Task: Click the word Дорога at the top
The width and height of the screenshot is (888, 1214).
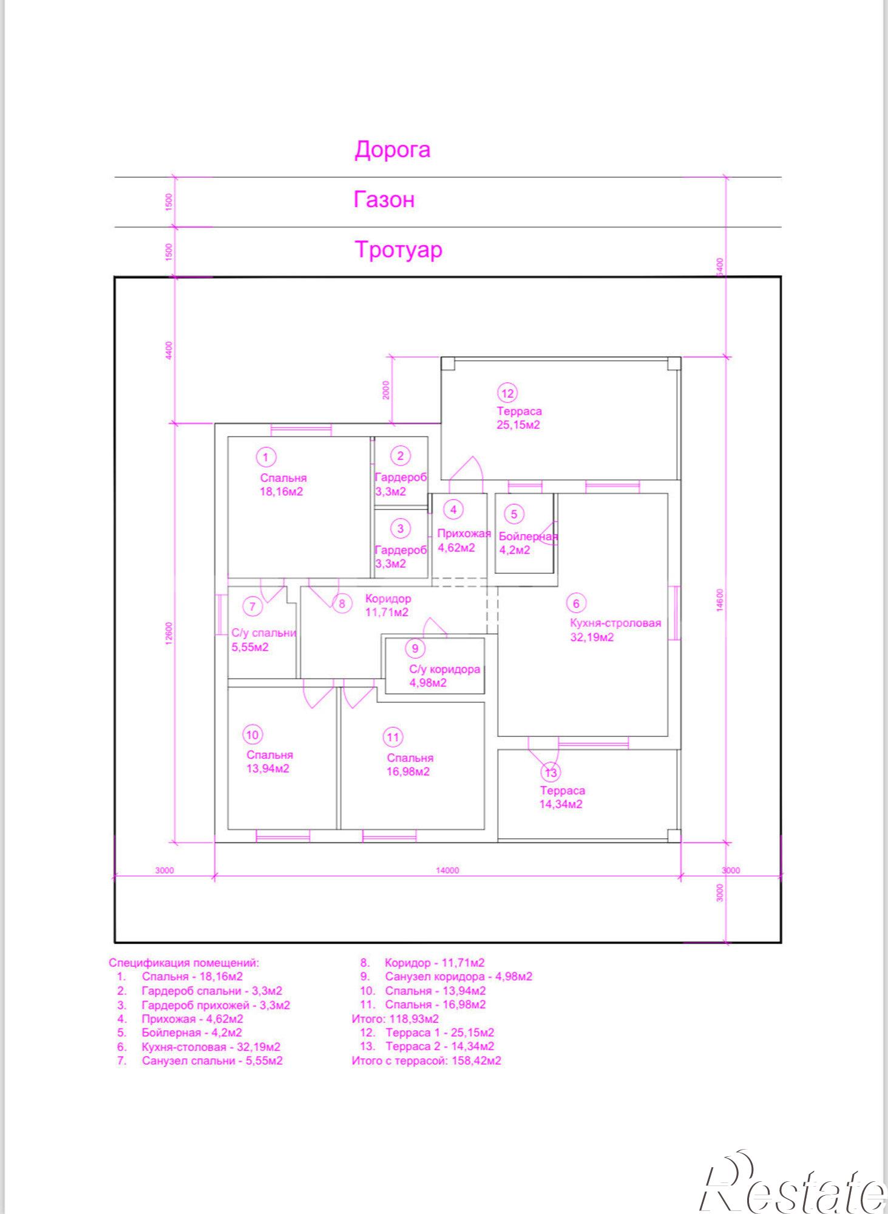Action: click(392, 150)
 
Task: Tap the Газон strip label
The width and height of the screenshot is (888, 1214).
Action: click(384, 200)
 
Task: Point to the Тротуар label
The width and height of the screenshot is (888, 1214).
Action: click(398, 249)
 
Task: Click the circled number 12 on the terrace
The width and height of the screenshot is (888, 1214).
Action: click(507, 393)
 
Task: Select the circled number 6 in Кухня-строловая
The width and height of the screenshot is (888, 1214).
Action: click(576, 603)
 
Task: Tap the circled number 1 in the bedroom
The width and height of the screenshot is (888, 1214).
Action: click(265, 457)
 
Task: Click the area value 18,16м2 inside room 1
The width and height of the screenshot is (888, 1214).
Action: click(281, 492)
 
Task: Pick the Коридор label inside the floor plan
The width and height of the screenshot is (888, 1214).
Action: click(388, 599)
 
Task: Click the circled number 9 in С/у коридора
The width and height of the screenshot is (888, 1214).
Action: click(415, 648)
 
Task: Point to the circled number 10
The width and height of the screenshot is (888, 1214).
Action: click(253, 735)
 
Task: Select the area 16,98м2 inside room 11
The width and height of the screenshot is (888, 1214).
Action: click(408, 772)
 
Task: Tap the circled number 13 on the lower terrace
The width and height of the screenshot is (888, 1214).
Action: click(551, 773)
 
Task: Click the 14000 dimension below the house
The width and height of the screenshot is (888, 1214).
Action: click(447, 870)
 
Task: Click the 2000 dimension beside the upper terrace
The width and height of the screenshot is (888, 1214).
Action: click(386, 390)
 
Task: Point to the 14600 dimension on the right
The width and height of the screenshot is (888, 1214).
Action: click(720, 600)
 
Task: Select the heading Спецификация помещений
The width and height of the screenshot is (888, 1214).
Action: click(184, 963)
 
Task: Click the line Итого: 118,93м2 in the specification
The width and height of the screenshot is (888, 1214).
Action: click(395, 1019)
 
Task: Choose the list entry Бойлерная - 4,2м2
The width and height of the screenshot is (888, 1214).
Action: click(192, 1033)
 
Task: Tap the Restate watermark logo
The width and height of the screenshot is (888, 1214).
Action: click(793, 1184)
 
